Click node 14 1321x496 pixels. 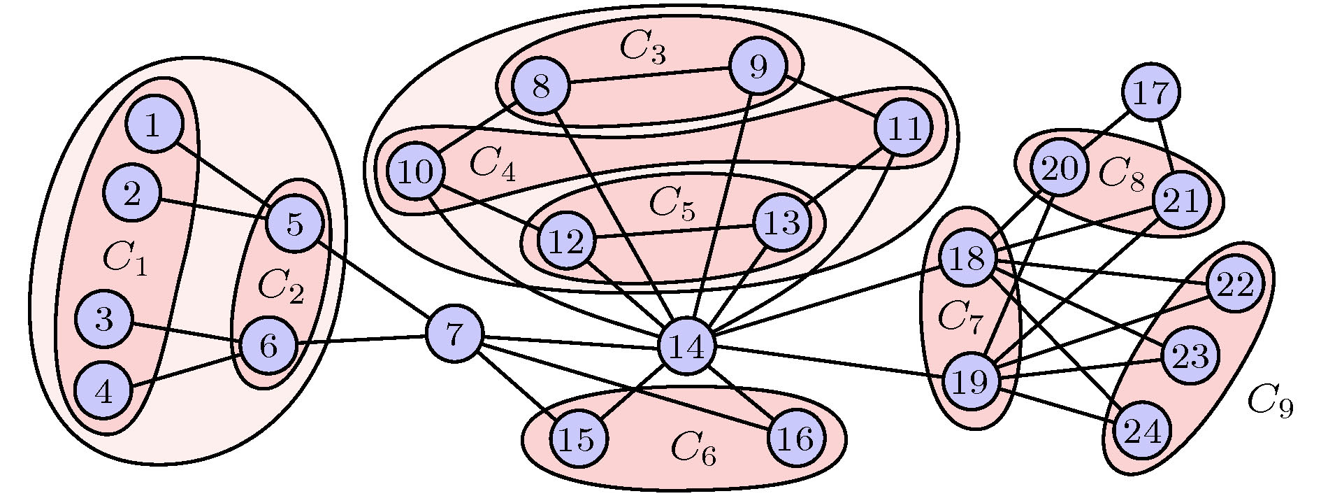click(687, 346)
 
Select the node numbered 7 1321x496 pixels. click(454, 334)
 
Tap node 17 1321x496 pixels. click(1150, 92)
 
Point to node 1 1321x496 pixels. click(154, 125)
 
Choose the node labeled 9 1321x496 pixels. click(758, 67)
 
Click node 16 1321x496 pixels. click(795, 438)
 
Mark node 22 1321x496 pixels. click(1235, 284)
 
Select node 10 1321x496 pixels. click(417, 171)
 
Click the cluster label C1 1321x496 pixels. click(124, 260)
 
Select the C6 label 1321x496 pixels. click(693, 448)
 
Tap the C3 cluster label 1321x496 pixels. click(642, 48)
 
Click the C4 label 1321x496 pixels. click(492, 164)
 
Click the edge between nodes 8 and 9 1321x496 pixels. click(649, 77)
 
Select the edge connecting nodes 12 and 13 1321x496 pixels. click(674, 232)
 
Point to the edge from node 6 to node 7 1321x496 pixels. click(361, 340)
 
